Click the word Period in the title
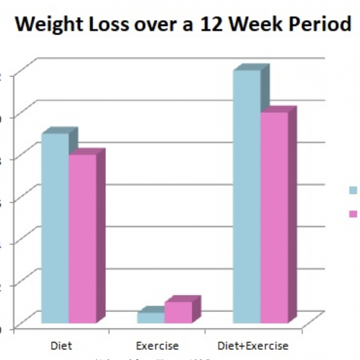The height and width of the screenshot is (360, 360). point(320,25)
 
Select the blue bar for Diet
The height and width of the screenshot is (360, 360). point(55,228)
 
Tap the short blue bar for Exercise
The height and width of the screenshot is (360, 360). point(151,318)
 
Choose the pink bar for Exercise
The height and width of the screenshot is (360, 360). point(178,313)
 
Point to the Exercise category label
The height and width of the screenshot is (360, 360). point(157,346)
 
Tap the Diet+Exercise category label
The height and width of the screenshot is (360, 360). point(252,346)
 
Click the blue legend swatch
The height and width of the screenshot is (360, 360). point(353,190)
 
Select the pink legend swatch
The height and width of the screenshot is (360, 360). point(353,214)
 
